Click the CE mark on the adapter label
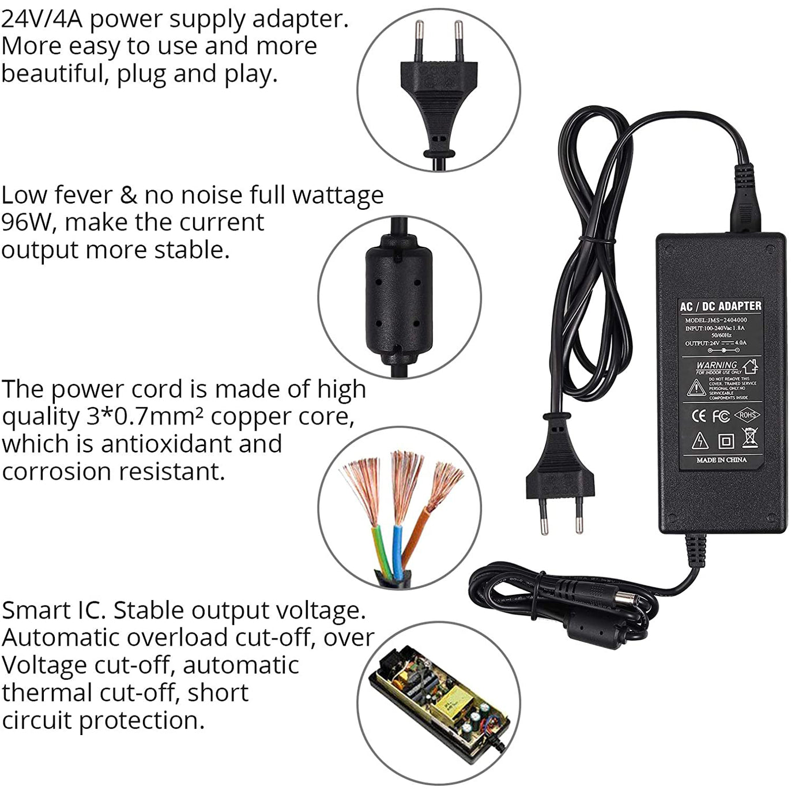[x=698, y=416]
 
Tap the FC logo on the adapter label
[x=721, y=416]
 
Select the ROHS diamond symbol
[x=747, y=415]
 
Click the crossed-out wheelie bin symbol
[x=749, y=438]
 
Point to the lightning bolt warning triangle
[x=700, y=441]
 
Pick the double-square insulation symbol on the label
[x=725, y=442]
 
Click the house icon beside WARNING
[x=749, y=366]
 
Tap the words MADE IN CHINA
[x=721, y=460]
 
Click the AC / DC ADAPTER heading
[x=721, y=306]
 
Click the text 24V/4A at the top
[x=42, y=19]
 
